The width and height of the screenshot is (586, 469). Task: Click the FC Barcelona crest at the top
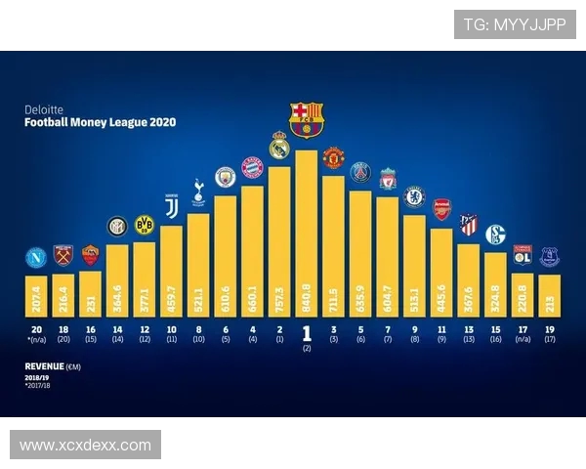click(x=306, y=118)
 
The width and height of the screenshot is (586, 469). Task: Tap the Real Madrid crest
click(x=279, y=145)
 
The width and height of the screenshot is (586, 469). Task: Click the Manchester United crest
click(x=333, y=158)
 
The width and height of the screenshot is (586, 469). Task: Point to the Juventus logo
click(x=172, y=207)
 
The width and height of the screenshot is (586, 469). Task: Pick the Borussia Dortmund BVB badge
click(x=145, y=224)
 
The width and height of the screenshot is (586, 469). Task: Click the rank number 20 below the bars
click(x=36, y=330)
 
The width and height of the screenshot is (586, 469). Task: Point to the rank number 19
click(x=549, y=330)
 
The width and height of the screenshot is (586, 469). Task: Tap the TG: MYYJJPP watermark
click(x=514, y=24)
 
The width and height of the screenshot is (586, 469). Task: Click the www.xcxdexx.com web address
click(x=85, y=446)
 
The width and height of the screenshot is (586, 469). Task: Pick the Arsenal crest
click(x=441, y=209)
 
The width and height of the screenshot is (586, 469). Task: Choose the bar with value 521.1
click(x=198, y=264)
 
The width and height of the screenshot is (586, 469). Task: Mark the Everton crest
click(x=549, y=257)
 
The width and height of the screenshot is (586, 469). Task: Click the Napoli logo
click(x=36, y=258)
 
